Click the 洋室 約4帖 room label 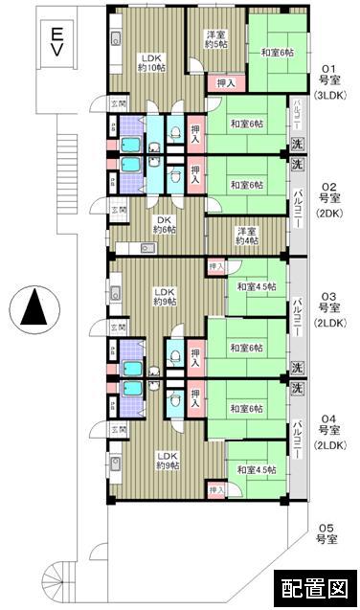(246, 235)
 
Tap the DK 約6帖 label (165, 224)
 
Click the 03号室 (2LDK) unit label (330, 308)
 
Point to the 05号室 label (328, 532)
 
